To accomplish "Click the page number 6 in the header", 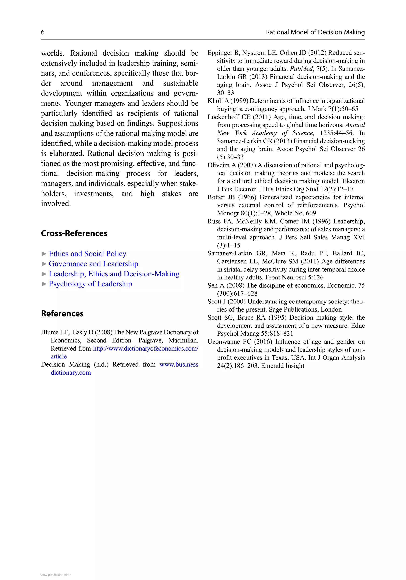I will [x=43, y=32].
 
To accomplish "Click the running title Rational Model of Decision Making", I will [x=315, y=32].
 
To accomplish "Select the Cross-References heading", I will [x=74, y=233].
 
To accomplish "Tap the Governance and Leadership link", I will [x=93, y=264].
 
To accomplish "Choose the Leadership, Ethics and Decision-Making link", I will [x=114, y=274].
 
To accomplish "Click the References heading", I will [x=62, y=313].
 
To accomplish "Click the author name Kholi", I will [x=215, y=101].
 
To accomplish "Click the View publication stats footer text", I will [x=56, y=575].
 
